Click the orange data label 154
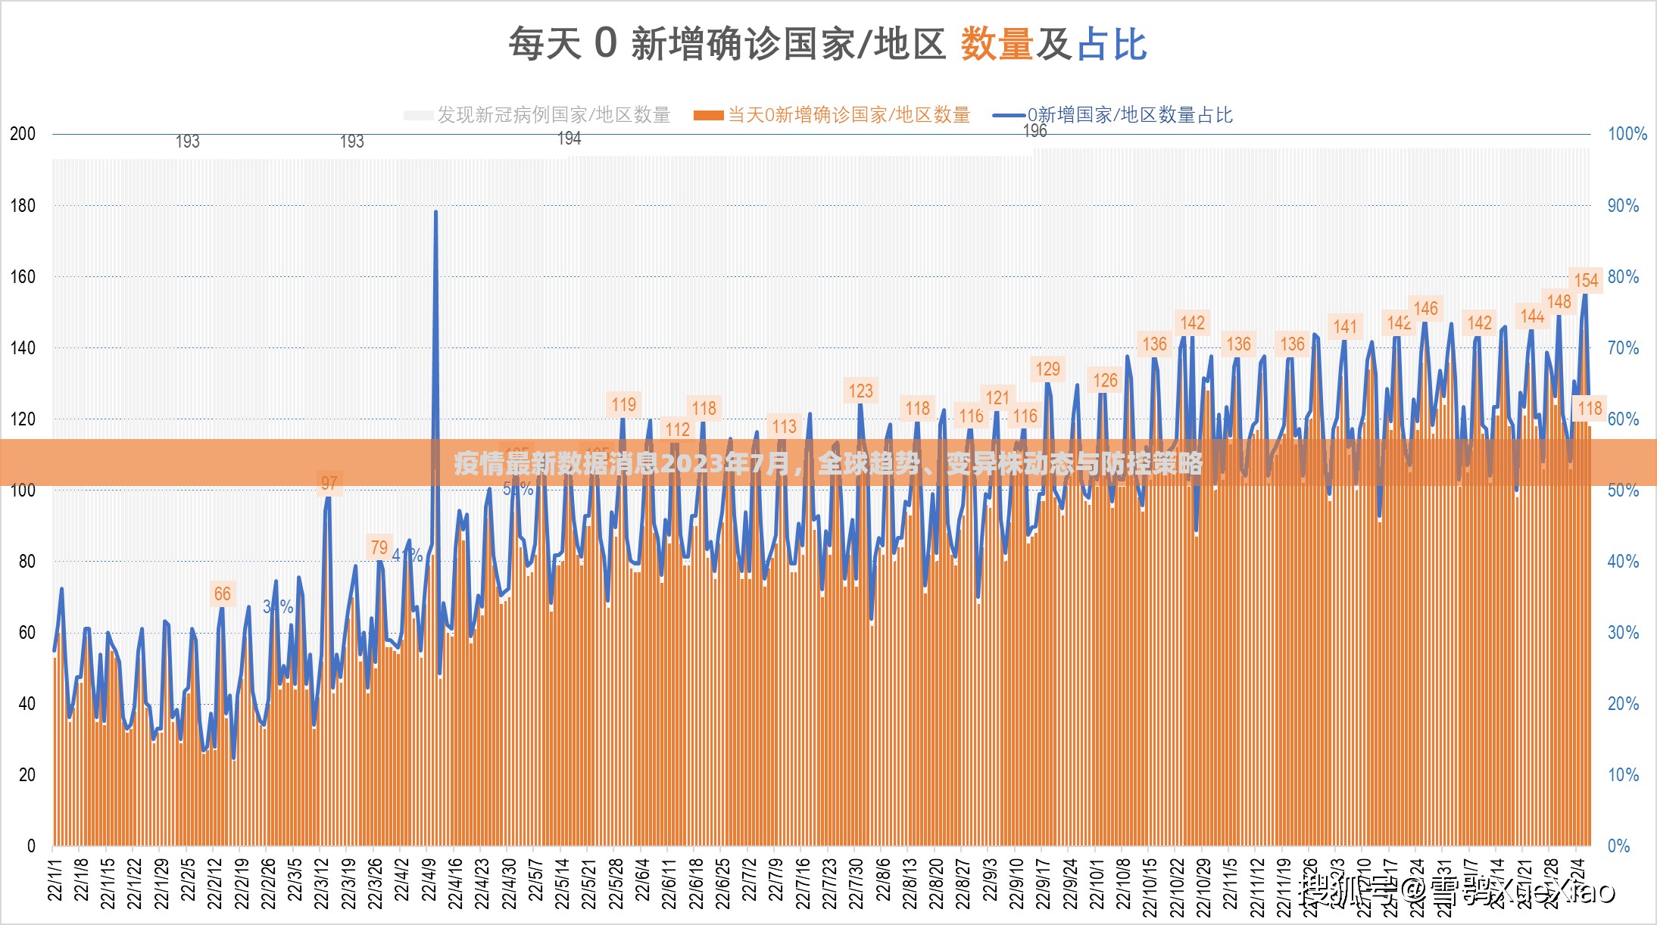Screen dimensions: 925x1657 [1586, 280]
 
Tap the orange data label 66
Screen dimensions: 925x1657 [222, 593]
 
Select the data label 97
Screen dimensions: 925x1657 [329, 483]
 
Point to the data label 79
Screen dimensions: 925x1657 [379, 547]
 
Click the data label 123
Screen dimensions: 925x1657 [860, 391]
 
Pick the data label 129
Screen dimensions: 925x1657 [1047, 369]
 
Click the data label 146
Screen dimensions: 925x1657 [1425, 308]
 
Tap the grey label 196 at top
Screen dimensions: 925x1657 [1034, 131]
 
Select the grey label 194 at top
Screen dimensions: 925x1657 [569, 139]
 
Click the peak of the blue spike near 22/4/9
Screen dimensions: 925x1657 [435, 213]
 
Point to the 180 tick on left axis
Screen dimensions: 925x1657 [23, 206]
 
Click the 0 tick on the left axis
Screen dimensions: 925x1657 [31, 846]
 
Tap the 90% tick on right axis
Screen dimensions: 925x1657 [1623, 206]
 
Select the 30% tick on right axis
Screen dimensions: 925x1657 [1623, 633]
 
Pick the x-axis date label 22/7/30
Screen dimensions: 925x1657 [856, 883]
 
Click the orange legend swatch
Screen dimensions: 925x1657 [708, 115]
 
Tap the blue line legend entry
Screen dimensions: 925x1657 [1113, 115]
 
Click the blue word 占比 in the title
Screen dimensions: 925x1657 [1112, 44]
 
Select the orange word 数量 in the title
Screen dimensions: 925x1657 [997, 44]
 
